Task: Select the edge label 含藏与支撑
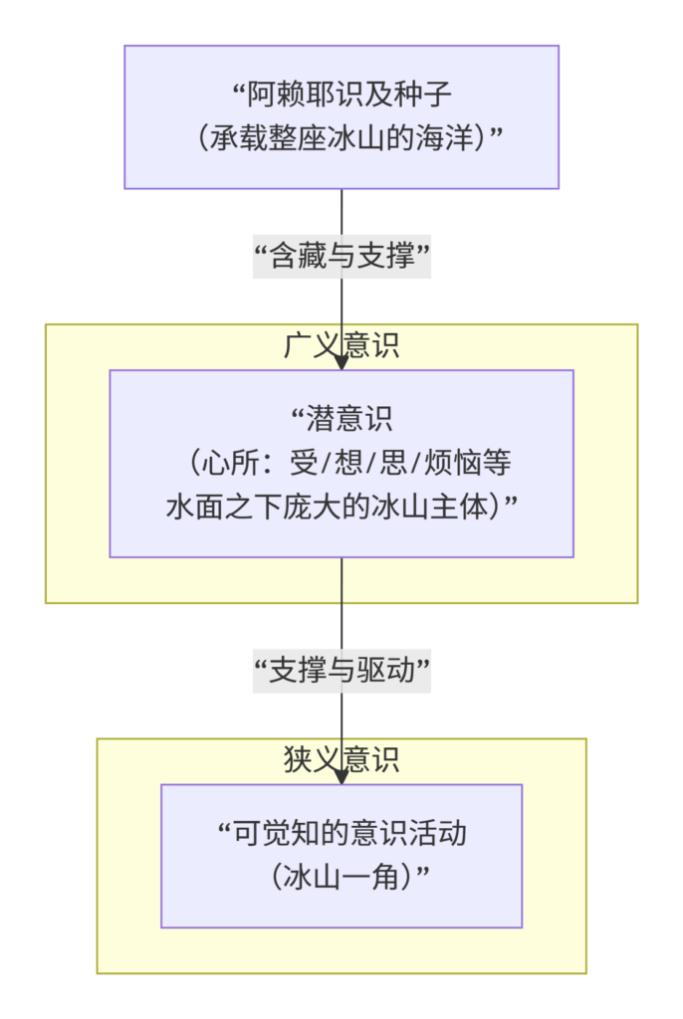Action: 341,258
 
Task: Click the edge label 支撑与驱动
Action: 341,673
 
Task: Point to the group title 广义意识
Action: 341,345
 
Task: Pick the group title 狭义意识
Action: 341,760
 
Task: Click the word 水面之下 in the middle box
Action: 213,507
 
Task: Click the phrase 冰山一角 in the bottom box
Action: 341,877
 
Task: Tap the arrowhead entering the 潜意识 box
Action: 341,363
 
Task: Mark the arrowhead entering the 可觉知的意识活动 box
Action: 341,777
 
